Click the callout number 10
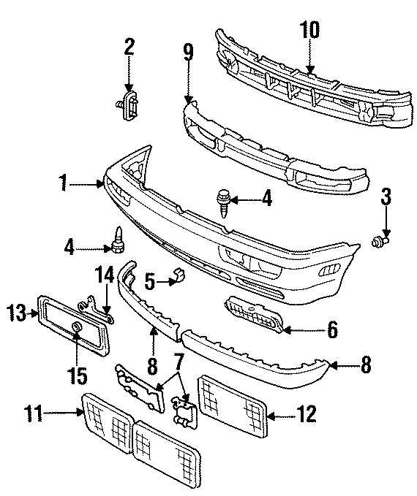[310, 30]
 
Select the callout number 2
[129, 48]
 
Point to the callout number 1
[67, 183]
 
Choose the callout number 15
[78, 376]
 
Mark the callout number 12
[307, 415]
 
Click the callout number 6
[331, 330]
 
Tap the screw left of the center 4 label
[222, 201]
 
